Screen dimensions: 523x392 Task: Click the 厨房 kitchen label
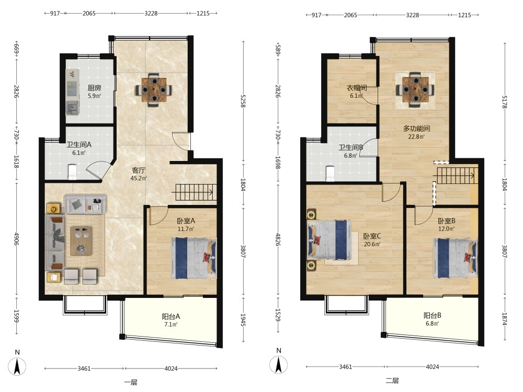(94, 88)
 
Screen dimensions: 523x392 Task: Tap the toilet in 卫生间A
(72, 172)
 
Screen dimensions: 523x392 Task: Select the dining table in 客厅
(154, 90)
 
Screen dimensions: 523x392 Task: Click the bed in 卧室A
(194, 258)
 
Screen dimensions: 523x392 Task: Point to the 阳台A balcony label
(171, 316)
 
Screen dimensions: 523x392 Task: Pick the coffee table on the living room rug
(81, 240)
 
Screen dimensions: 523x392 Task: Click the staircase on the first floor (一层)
(194, 192)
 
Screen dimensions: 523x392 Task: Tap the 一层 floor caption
(131, 383)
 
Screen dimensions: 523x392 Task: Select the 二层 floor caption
(392, 381)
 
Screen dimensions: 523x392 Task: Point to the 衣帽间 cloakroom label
(357, 88)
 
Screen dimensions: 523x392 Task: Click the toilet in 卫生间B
(330, 174)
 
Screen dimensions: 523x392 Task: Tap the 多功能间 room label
(417, 129)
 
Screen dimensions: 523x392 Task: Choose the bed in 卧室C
(329, 239)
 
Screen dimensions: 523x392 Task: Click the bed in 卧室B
(456, 258)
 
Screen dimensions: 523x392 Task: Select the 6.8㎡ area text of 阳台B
(433, 324)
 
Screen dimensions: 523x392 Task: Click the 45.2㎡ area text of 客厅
(139, 178)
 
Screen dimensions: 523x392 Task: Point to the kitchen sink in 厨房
(72, 108)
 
